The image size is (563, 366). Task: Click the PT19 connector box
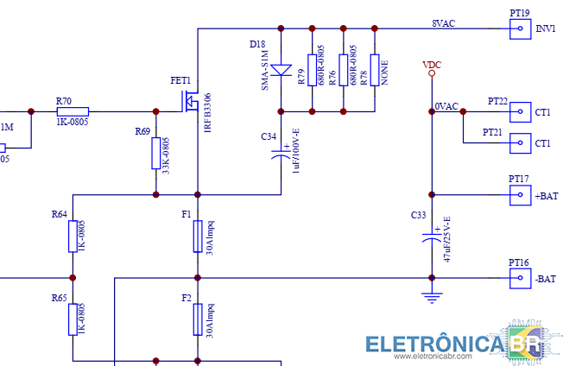pos(520,28)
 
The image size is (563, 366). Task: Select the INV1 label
pos(546,29)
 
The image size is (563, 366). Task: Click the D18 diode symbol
pos(281,70)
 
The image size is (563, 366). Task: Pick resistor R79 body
pos(311,70)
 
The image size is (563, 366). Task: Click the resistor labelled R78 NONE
pos(375,70)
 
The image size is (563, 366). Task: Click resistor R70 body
pos(73,111)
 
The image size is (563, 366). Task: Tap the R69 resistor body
pos(156,153)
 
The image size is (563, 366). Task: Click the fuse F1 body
pos(198,236)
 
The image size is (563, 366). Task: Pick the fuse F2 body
pos(198,319)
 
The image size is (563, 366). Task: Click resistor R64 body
pos(73,236)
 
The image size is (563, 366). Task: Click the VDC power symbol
pos(431,73)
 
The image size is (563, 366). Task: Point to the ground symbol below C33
pos(431,298)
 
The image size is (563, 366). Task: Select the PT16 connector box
pos(520,278)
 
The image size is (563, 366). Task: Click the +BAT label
pos(546,196)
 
